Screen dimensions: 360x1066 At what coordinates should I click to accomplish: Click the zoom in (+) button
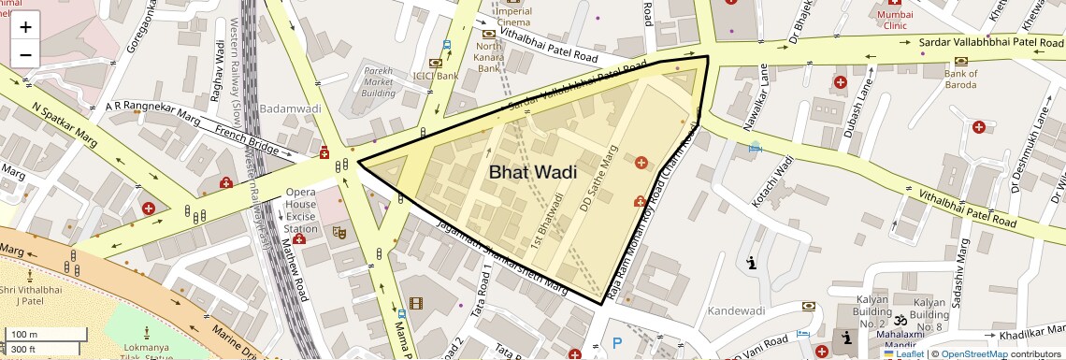point(25,26)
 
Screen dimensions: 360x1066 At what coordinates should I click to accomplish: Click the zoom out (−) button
point(25,54)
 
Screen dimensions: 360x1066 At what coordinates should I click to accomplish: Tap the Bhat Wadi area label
point(532,172)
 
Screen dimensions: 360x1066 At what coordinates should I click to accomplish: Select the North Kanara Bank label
point(489,57)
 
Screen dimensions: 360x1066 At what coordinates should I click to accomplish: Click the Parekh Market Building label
point(379,81)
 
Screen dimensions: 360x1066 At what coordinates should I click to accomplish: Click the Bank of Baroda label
point(960,79)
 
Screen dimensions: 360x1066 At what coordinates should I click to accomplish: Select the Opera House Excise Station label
point(301,210)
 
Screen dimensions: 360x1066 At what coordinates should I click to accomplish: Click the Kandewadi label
point(737,310)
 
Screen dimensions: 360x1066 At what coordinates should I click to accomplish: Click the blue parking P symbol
point(616,343)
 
